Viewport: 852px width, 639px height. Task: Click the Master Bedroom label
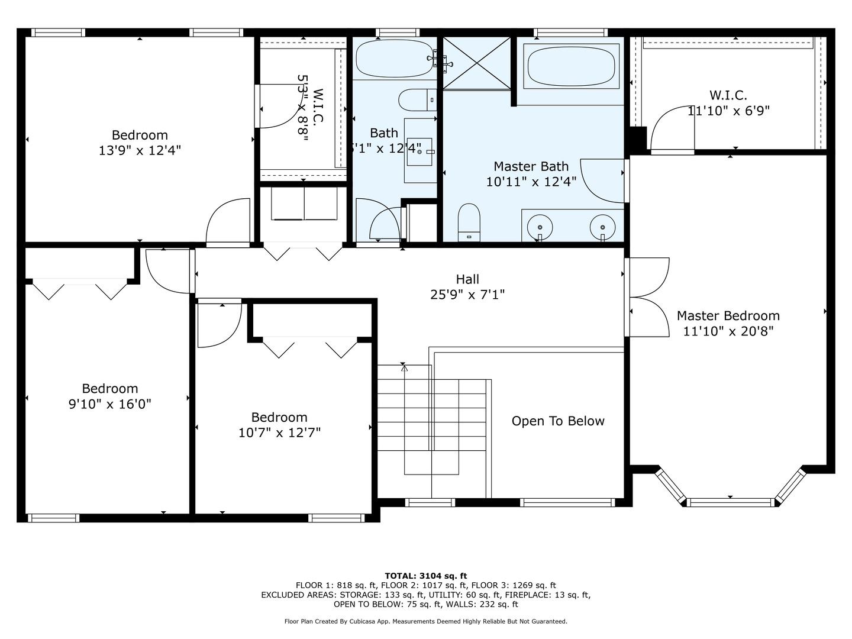tap(728, 316)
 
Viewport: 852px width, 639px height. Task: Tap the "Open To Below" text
tap(558, 421)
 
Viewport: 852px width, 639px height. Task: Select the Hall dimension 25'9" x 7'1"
tap(467, 295)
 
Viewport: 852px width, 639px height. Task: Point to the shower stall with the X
tap(477, 63)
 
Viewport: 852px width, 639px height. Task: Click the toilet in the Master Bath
tap(469, 222)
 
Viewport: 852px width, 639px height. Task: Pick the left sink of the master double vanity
tap(540, 227)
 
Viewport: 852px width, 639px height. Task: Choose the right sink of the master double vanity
tap(602, 227)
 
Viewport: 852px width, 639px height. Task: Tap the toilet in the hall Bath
tap(417, 99)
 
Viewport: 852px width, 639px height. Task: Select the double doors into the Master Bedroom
tap(648, 297)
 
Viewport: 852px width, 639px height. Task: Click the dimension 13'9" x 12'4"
tap(140, 151)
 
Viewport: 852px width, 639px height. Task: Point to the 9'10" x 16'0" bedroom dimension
tap(110, 405)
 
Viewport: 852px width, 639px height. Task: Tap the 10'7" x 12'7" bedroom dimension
tap(279, 433)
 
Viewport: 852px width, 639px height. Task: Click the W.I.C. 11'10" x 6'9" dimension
tap(728, 111)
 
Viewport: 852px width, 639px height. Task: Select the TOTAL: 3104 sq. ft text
tap(425, 576)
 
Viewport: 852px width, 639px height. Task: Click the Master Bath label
tap(531, 167)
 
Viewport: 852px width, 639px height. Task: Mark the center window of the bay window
tap(731, 502)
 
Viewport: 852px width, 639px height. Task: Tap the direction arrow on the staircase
tap(404, 368)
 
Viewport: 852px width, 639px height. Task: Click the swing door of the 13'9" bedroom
tap(228, 222)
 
